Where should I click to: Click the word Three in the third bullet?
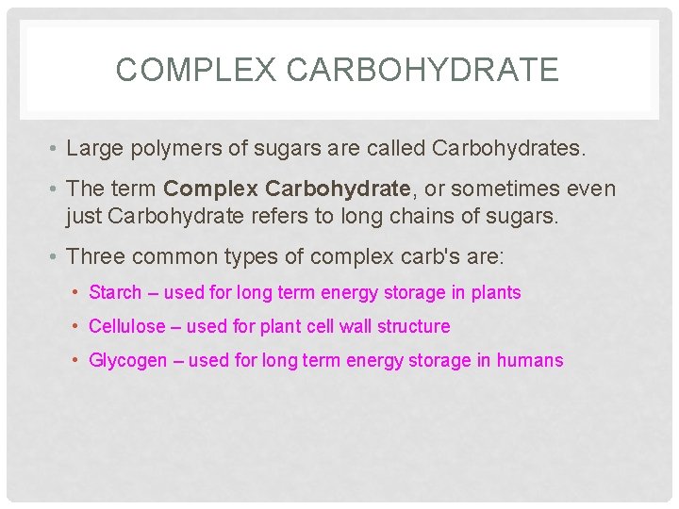pos(95,256)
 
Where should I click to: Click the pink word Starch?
pos(115,293)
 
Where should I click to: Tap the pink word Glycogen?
pos(127,361)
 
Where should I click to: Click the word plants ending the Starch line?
pos(496,293)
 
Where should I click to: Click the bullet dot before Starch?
pos(75,293)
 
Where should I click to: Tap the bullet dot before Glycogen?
pos(75,361)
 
